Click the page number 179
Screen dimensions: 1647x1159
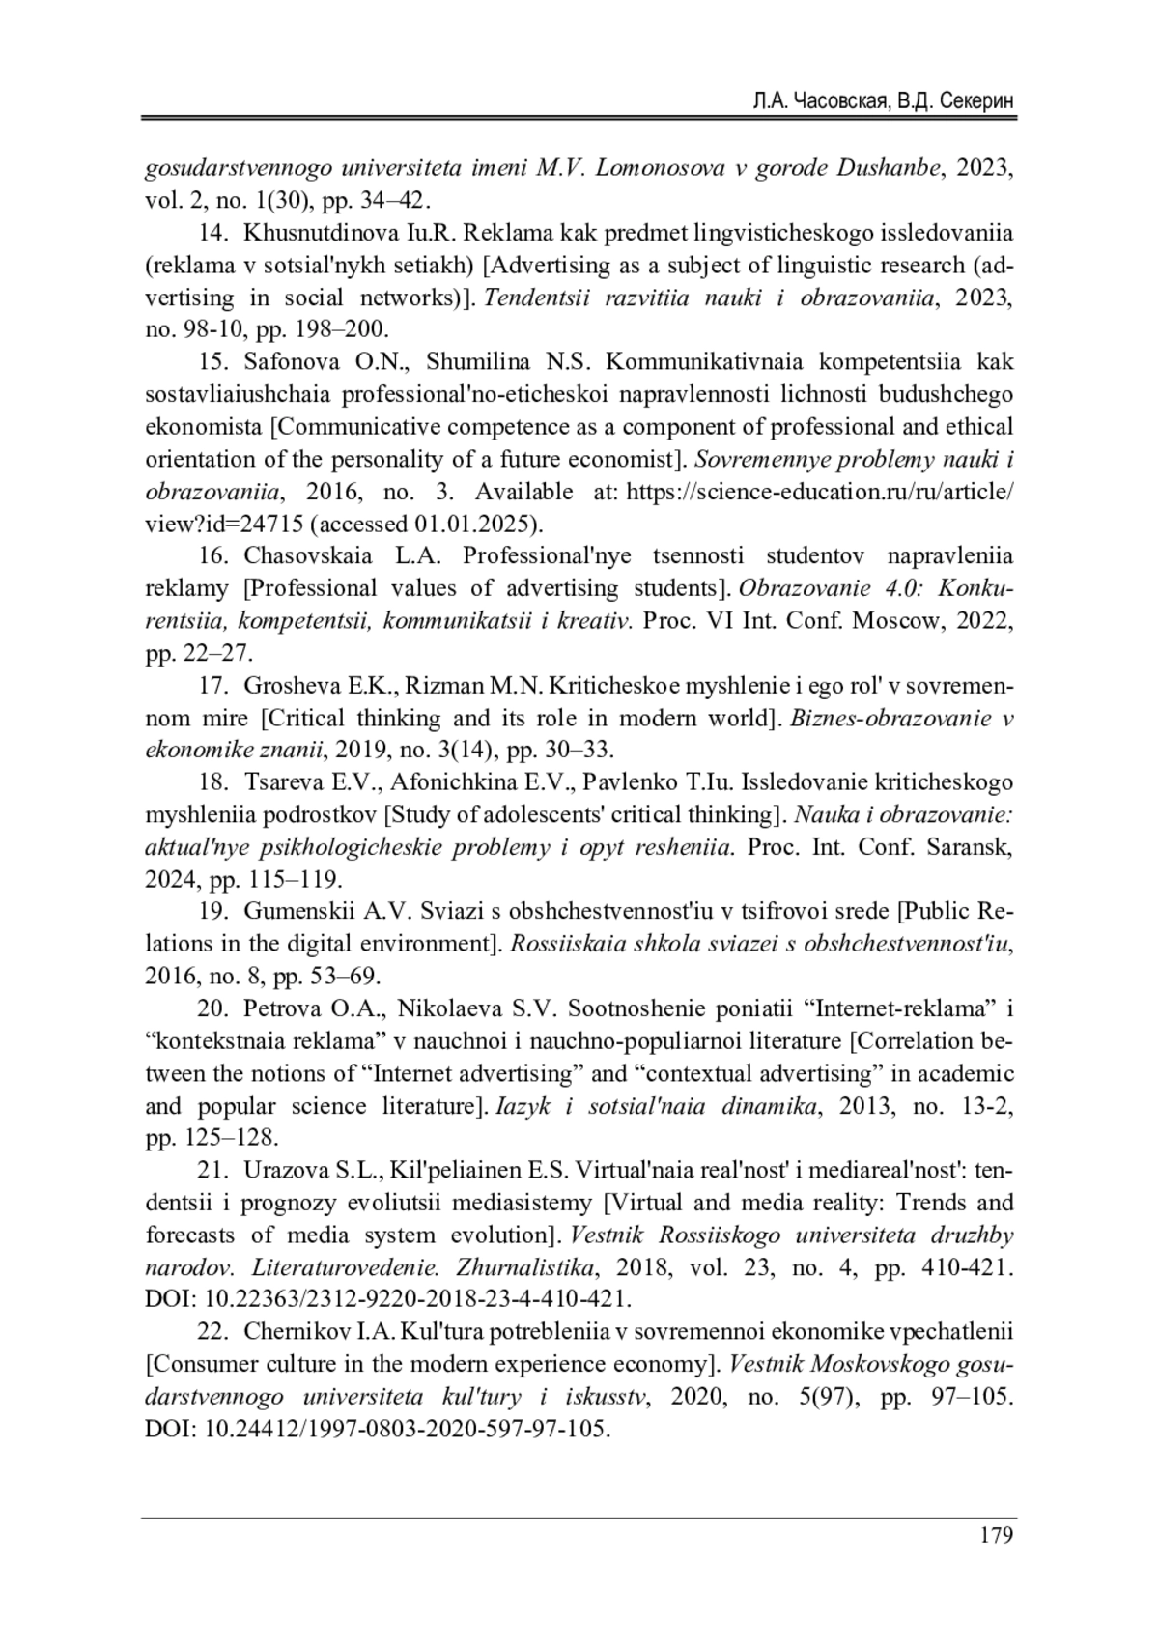click(997, 1535)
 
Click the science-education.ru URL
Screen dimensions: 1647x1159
click(820, 492)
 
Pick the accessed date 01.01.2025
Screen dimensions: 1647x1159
click(463, 524)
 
